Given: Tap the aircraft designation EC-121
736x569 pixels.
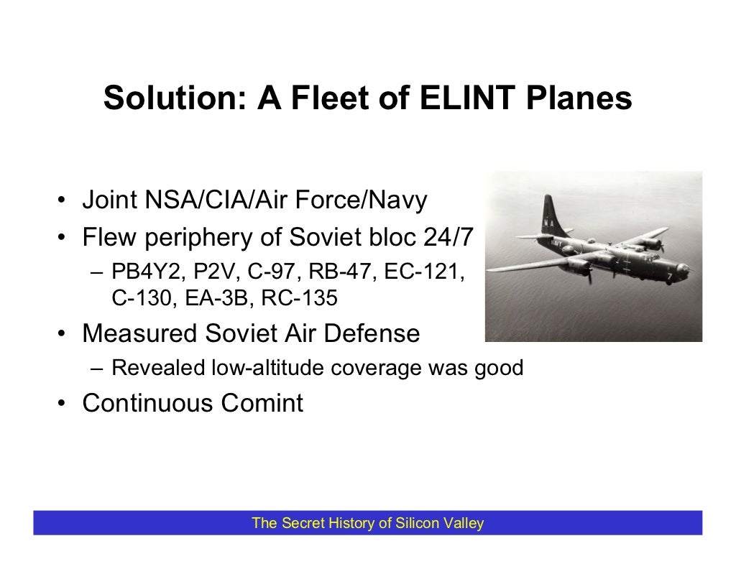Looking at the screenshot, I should pos(426,274).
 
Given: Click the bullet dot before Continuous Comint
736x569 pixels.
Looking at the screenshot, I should pos(63,404).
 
